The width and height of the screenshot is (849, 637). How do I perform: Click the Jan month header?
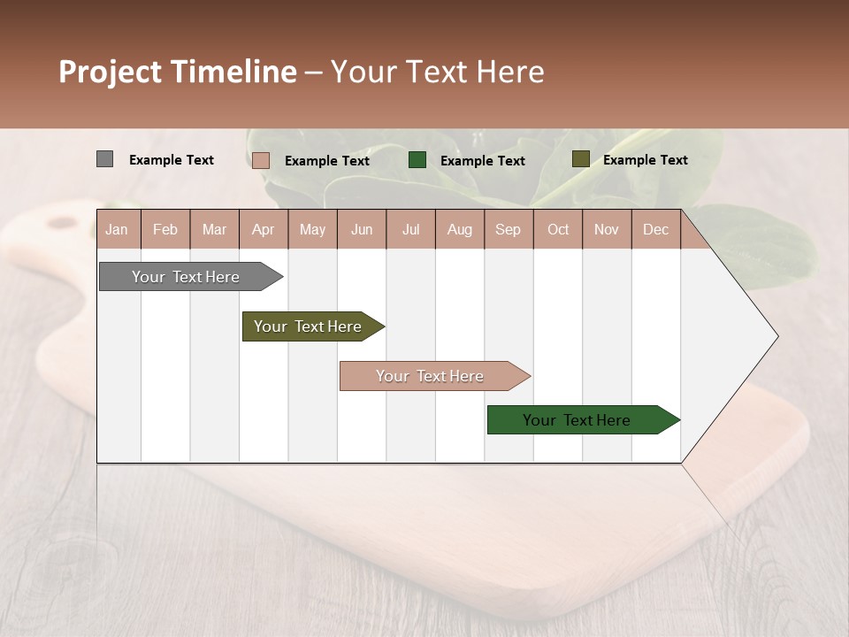(x=117, y=229)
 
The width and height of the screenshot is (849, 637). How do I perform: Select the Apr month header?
(x=263, y=229)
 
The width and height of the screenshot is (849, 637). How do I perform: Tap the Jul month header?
(x=410, y=229)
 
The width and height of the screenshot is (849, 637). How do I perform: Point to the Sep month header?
(x=508, y=229)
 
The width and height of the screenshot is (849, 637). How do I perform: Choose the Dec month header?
(x=655, y=229)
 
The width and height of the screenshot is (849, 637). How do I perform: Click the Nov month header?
(x=606, y=229)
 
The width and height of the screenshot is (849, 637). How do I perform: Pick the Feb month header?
(x=165, y=229)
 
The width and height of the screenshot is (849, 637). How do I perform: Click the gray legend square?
(x=104, y=159)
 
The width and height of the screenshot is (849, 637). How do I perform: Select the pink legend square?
(x=260, y=160)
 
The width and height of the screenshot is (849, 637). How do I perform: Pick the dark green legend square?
(x=417, y=159)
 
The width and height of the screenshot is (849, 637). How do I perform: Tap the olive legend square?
(x=580, y=159)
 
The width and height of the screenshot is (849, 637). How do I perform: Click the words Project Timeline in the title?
(x=177, y=72)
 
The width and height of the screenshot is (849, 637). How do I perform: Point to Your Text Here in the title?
(x=437, y=72)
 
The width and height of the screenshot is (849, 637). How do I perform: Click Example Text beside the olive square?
(x=645, y=159)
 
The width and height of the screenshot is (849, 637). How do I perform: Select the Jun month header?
(x=362, y=229)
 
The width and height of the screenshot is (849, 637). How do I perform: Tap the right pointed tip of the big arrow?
(x=776, y=336)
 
